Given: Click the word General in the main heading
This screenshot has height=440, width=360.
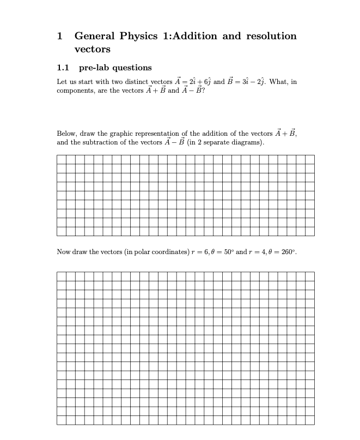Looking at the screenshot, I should pyautogui.click(x=94, y=36).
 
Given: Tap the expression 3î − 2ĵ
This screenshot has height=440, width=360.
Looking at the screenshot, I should pyautogui.click(x=251, y=82).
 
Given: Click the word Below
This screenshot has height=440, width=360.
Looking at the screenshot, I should pyautogui.click(x=65, y=134).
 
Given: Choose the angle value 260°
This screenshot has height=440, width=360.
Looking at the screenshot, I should pyautogui.click(x=288, y=252).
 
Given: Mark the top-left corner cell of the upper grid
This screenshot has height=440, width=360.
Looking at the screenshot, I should pyautogui.click(x=61, y=159).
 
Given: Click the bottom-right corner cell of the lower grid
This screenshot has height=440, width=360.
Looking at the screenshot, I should pyautogui.click(x=309, y=420).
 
